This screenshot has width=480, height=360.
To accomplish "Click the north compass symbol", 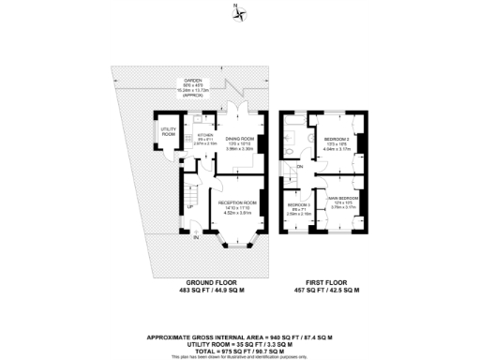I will point(241,12).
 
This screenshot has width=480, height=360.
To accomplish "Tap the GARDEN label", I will point(193,82).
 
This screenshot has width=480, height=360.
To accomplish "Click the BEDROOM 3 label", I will point(299,203).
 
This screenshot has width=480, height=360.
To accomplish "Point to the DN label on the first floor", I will point(300,167).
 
